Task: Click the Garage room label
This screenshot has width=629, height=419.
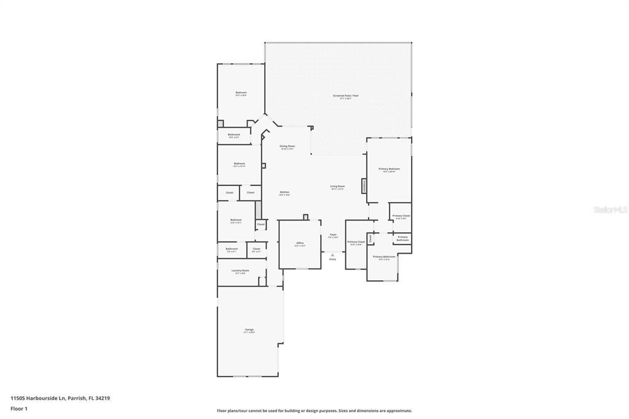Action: [x=249, y=331]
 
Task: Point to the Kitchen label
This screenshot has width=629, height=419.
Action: [x=284, y=193]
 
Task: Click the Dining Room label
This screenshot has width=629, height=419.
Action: [x=287, y=147]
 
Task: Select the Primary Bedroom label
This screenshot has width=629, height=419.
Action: [x=389, y=170]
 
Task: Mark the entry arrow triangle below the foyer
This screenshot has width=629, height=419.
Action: [x=332, y=254]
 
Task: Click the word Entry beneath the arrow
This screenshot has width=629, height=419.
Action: [x=332, y=259]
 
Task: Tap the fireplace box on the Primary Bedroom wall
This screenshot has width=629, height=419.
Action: [x=364, y=186]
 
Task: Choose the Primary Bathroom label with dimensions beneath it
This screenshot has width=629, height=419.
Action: [x=384, y=257]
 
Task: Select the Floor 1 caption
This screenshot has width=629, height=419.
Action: [x=19, y=409]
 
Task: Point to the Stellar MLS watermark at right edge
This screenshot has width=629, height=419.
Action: [x=610, y=209]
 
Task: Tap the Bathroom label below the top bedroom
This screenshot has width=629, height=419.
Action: [x=234, y=135]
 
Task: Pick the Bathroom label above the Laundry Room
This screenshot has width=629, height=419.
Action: [x=232, y=249]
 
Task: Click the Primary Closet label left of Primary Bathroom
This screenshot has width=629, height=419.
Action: [x=356, y=243]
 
